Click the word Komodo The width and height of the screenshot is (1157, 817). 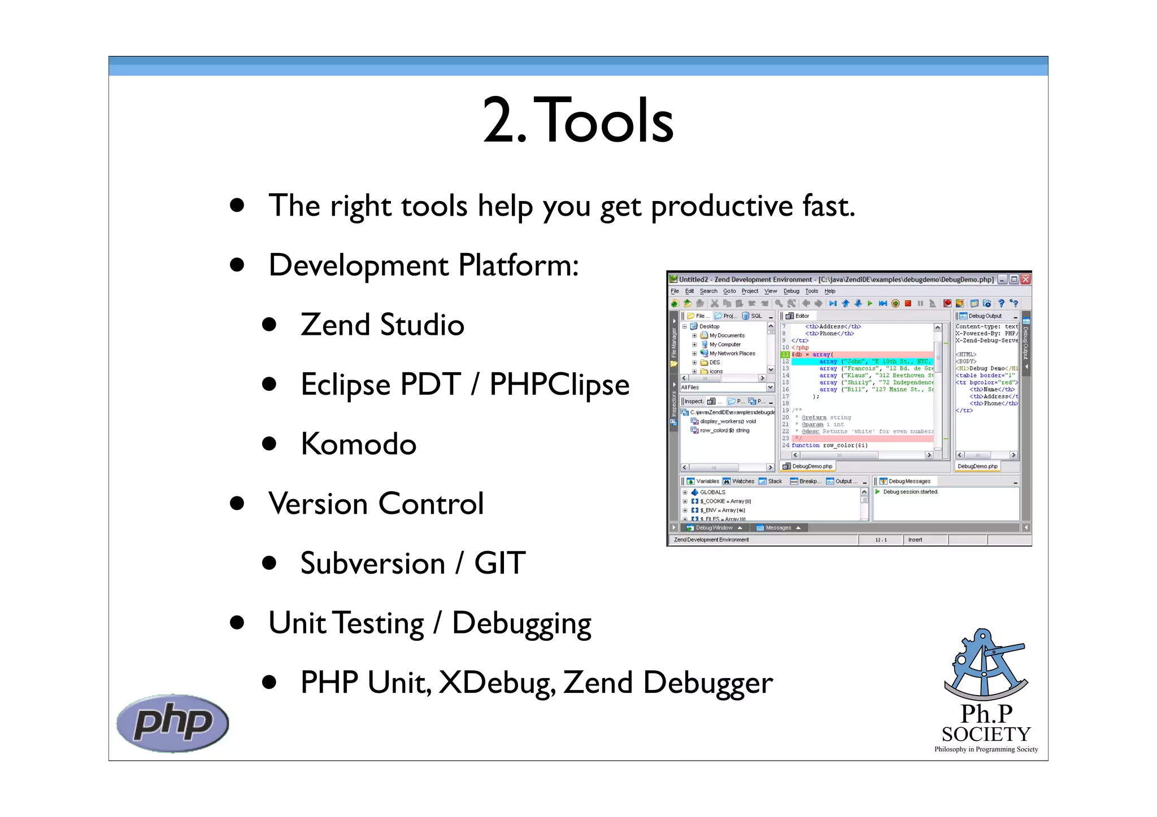[359, 444]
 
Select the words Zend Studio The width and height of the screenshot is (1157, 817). [382, 325]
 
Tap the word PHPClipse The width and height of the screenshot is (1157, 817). [559, 385]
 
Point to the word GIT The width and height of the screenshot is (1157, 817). [500, 563]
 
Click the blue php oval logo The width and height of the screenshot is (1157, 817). [172, 723]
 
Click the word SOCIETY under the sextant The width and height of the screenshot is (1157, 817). [986, 734]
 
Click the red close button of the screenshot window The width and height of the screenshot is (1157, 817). [1025, 279]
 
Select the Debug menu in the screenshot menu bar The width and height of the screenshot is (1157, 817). [791, 291]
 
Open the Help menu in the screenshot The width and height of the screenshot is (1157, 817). [829, 291]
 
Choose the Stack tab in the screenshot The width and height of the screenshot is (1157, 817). [775, 482]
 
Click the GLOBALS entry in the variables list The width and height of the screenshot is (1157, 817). [712, 492]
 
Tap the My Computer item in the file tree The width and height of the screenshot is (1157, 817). [725, 344]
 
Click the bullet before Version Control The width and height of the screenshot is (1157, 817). [237, 503]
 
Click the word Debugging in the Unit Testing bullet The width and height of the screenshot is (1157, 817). [521, 623]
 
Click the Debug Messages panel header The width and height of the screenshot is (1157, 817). [909, 482]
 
